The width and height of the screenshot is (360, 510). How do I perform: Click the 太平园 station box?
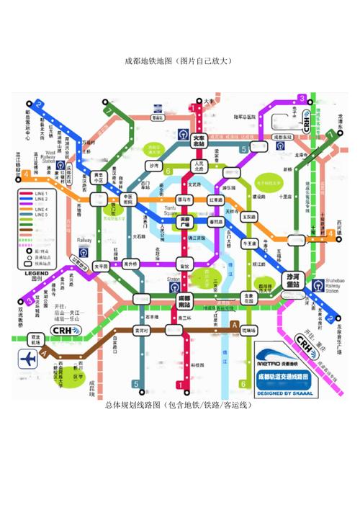point(101,266)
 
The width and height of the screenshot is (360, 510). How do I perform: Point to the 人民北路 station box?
point(198,167)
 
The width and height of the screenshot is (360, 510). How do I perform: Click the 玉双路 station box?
point(249,215)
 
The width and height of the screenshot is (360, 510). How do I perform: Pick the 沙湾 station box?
point(153,166)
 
